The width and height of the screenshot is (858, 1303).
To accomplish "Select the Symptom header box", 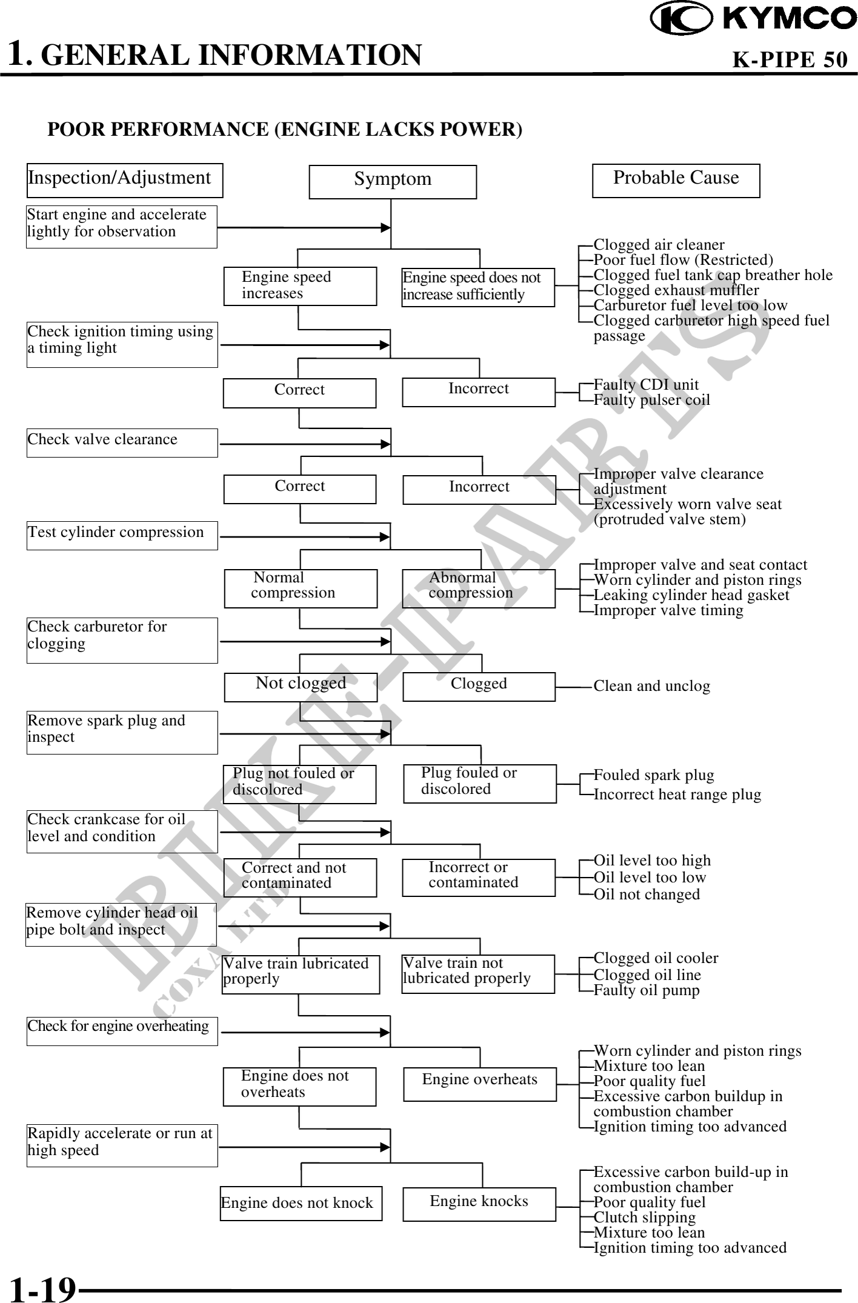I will (x=393, y=181).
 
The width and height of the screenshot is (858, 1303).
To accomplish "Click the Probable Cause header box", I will (x=676, y=180).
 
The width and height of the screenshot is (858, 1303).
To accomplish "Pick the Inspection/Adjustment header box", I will (x=125, y=180).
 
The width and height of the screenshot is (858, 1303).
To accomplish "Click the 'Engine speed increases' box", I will (x=300, y=286).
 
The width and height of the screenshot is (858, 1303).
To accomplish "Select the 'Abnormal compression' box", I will (x=479, y=588).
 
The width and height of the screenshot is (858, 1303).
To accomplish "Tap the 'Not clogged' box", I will (x=301, y=687).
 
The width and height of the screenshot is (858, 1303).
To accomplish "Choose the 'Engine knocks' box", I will (x=479, y=1203).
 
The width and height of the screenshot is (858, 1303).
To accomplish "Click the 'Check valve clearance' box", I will (x=122, y=442).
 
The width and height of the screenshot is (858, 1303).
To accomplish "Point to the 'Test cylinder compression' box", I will (x=122, y=535).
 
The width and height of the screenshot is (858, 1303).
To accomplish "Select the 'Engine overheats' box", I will (x=479, y=1084).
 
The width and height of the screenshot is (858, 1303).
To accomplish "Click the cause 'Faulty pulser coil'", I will (x=651, y=400).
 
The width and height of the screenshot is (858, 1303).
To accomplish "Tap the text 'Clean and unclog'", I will (x=651, y=686).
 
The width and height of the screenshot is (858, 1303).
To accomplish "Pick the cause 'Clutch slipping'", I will (x=645, y=1217).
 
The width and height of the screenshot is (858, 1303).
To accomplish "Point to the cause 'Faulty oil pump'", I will (x=647, y=990).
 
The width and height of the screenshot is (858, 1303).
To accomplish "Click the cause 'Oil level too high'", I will (x=652, y=861).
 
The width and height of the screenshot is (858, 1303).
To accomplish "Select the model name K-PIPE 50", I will (x=790, y=59).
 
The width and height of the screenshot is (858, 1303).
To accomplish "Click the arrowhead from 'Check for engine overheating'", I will (x=385, y=1033).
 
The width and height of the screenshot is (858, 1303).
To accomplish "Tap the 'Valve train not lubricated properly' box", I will (x=478, y=974).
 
